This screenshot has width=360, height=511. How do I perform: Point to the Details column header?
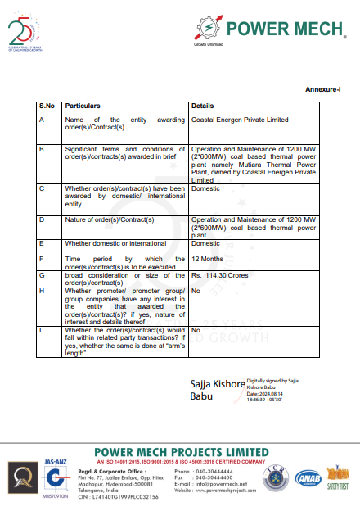(x=202, y=106)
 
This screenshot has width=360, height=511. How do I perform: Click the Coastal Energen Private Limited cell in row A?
(x=239, y=120)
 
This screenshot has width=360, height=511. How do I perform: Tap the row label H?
(x=42, y=290)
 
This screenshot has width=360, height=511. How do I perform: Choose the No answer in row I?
(x=196, y=330)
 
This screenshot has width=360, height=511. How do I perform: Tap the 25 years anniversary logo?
(x=27, y=34)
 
